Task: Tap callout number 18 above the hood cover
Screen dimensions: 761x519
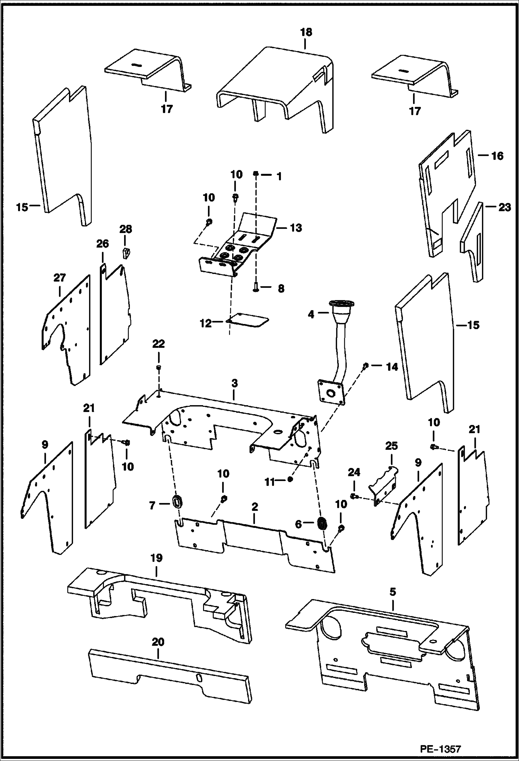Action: click(x=306, y=32)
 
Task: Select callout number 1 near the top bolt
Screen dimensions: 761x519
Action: click(x=279, y=177)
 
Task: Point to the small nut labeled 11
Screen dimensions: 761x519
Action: click(x=290, y=479)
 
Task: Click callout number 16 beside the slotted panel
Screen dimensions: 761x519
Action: click(x=497, y=156)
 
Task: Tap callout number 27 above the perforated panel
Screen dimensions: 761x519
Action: click(x=59, y=278)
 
